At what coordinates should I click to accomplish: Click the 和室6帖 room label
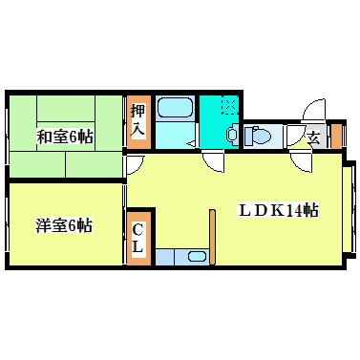(x=65, y=137)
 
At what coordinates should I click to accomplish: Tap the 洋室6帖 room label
(x=65, y=226)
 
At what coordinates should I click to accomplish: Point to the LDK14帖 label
(x=278, y=211)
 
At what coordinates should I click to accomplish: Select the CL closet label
(x=138, y=239)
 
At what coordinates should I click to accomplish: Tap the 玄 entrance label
(x=312, y=137)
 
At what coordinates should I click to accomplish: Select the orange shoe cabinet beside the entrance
(x=334, y=135)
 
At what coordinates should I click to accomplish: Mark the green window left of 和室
(x=6, y=134)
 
